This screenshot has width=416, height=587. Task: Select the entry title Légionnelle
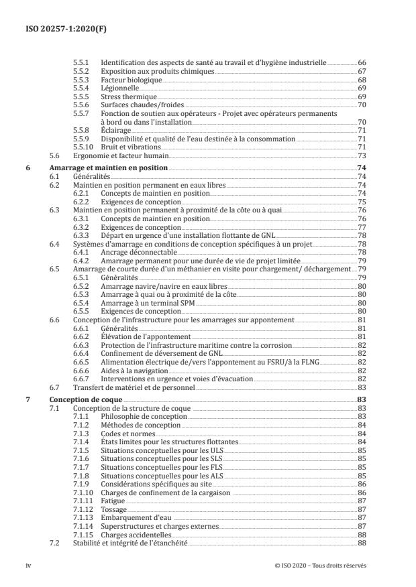coord(119,88)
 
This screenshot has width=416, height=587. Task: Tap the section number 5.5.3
coord(81,79)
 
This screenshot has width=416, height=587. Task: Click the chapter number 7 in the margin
coord(27,399)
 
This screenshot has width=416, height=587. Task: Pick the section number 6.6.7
coord(81,379)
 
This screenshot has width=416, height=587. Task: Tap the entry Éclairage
coord(115,130)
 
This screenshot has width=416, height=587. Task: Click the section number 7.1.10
coord(82,493)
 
